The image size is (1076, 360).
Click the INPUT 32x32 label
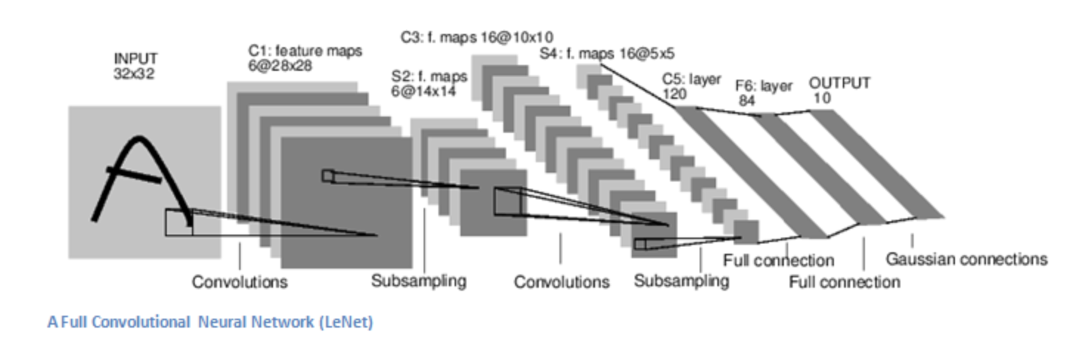click(x=136, y=66)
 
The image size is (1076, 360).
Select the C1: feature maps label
click(x=305, y=58)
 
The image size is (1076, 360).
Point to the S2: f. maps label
click(x=429, y=83)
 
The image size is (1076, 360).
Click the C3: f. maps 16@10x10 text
click(x=477, y=37)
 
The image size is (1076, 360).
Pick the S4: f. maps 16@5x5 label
click(x=607, y=53)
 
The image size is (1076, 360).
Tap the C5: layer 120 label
click(x=692, y=86)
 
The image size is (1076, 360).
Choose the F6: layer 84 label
click(x=764, y=93)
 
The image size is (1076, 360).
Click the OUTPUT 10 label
click(x=839, y=90)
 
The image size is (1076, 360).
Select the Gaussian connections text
click(x=967, y=259)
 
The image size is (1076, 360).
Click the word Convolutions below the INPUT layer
click(x=240, y=282)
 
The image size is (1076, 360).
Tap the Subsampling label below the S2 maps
click(x=418, y=281)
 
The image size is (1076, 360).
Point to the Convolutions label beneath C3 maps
click(x=562, y=282)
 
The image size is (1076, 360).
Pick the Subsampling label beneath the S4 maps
click(x=681, y=281)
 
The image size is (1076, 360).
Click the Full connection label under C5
click(x=779, y=260)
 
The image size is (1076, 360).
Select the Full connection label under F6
click(x=844, y=283)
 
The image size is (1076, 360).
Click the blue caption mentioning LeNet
click(x=210, y=322)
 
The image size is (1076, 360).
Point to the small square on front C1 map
click(x=328, y=176)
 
